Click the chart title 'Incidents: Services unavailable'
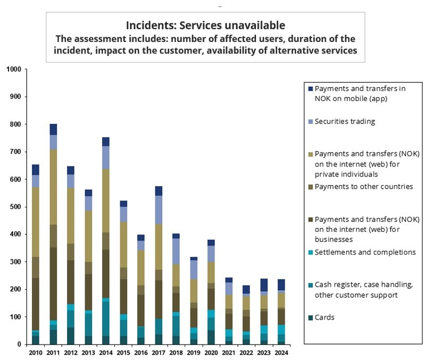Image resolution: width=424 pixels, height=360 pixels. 205,25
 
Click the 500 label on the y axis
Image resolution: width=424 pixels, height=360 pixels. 15,207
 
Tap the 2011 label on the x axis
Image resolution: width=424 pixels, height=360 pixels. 53,353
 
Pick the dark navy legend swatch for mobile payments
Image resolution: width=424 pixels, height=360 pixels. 310,88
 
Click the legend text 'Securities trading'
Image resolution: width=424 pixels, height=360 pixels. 345,121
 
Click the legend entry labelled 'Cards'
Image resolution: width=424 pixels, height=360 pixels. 325,317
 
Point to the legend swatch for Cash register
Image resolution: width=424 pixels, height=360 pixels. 310,285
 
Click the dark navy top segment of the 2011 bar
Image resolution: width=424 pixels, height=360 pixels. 53,129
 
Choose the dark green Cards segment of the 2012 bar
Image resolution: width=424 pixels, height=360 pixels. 70,336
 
